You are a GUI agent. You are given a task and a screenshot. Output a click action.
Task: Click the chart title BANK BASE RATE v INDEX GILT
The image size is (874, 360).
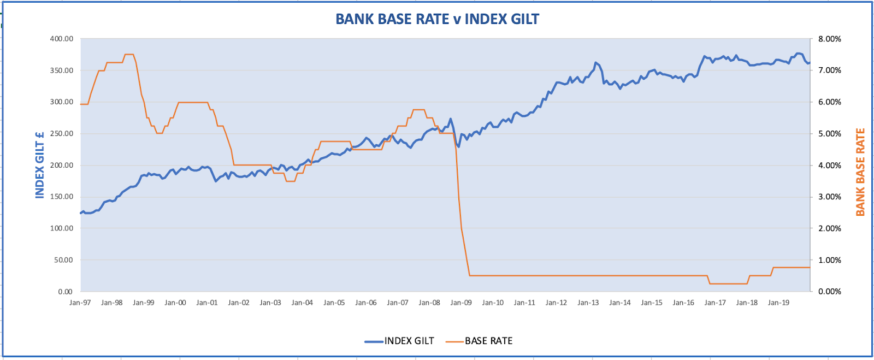437,19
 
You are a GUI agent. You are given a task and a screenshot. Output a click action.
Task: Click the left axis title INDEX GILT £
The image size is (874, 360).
40,165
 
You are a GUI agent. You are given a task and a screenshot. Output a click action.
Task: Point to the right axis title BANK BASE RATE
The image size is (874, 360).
860,172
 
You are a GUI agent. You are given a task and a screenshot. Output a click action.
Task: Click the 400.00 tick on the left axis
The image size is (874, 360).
62,39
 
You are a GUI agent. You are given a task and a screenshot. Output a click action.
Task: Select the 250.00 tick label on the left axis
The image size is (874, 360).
62,134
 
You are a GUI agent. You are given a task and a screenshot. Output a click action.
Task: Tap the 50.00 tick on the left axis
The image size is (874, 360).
63,260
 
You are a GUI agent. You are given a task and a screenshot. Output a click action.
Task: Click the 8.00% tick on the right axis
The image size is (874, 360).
829,39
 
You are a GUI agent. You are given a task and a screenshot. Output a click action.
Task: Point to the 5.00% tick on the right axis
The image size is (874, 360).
829,134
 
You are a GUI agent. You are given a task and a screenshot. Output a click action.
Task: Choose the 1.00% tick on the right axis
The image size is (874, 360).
829,260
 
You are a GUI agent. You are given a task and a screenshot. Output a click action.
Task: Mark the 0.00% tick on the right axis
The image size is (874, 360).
829,292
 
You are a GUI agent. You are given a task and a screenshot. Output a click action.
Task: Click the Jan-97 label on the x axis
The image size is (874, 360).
80,303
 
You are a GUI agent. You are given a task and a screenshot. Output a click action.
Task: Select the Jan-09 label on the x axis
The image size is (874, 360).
461,303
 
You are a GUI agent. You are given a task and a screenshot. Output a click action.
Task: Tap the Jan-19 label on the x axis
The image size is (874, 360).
778,303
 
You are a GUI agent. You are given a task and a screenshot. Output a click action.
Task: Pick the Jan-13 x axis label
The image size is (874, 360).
588,303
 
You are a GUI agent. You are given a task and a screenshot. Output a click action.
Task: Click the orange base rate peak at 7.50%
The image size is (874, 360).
129,55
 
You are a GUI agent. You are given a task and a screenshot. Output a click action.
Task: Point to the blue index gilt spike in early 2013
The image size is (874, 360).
595,63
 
